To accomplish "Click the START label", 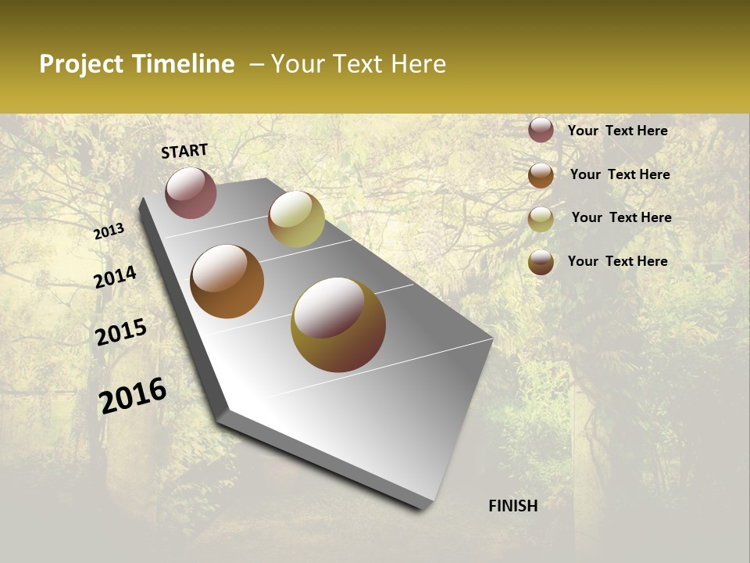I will pyautogui.click(x=184, y=151).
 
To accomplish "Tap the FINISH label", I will pyautogui.click(x=512, y=506).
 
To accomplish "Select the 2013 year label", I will pyautogui.click(x=109, y=231).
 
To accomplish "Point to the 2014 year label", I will pyautogui.click(x=115, y=277).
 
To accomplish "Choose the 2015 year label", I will pyautogui.click(x=121, y=332).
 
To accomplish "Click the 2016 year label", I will pyautogui.click(x=133, y=396).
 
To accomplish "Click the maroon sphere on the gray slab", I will pyautogui.click(x=191, y=192).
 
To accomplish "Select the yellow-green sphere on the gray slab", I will pyautogui.click(x=296, y=219).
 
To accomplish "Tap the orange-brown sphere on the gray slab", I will pyautogui.click(x=227, y=281).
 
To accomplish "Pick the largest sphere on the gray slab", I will pyautogui.click(x=338, y=325).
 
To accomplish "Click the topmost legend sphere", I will pyautogui.click(x=541, y=130).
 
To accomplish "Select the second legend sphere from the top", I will pyautogui.click(x=541, y=174).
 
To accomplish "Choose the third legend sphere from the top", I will pyautogui.click(x=541, y=218).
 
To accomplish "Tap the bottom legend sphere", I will pyautogui.click(x=541, y=261).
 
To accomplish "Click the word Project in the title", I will pyautogui.click(x=82, y=64).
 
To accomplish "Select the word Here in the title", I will pyautogui.click(x=418, y=64).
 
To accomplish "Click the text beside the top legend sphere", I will pyautogui.click(x=617, y=131).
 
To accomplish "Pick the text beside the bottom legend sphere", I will pyautogui.click(x=617, y=261).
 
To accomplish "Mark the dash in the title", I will pyautogui.click(x=256, y=65).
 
